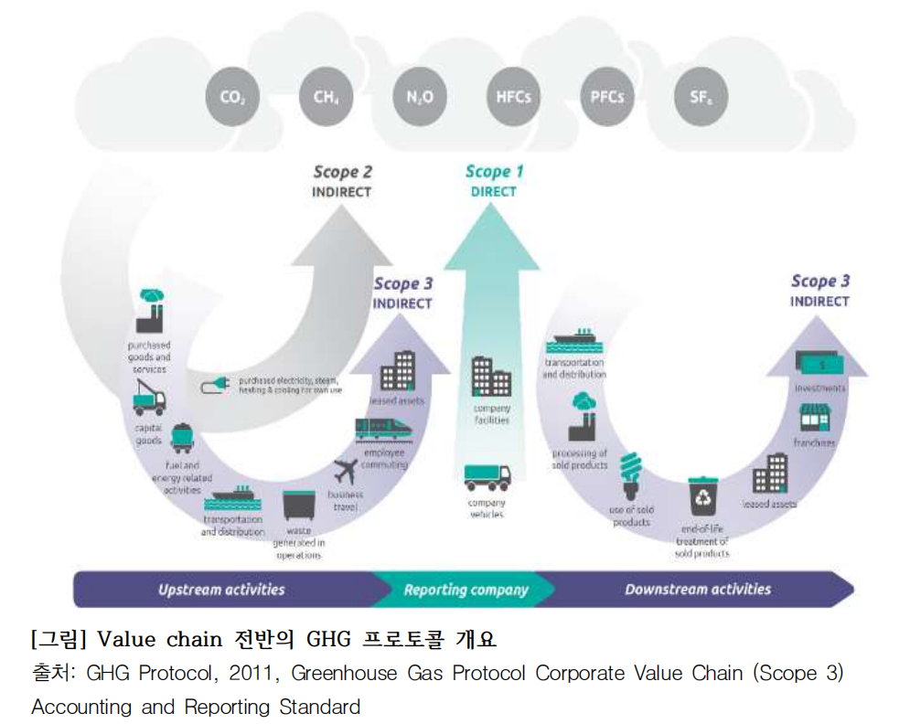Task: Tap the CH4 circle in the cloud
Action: (x=325, y=96)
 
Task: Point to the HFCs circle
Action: (x=512, y=96)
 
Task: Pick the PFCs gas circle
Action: (x=606, y=96)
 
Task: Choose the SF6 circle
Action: (x=701, y=96)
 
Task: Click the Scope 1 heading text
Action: (x=494, y=172)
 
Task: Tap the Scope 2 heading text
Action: (x=343, y=172)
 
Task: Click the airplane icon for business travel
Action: (x=346, y=472)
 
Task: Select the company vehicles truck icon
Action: (x=487, y=477)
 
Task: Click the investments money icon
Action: (x=819, y=363)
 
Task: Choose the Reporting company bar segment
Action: (x=466, y=590)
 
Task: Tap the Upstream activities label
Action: (x=221, y=590)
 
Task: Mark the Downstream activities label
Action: (x=697, y=590)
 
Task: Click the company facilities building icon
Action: (x=491, y=377)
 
